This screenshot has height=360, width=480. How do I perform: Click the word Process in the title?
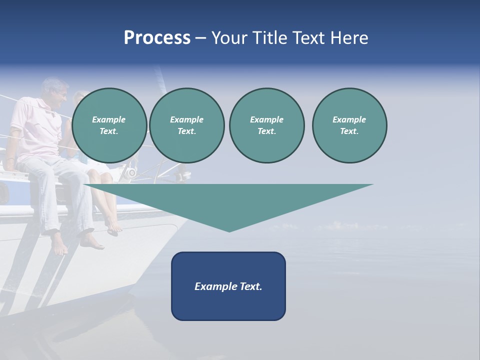coord(157,38)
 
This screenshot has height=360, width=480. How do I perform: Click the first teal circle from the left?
coord(109,125)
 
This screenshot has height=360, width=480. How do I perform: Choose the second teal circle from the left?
coord(187,125)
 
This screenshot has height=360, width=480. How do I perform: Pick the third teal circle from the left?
coord(266,125)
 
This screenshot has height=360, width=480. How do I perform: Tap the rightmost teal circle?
coord(349,125)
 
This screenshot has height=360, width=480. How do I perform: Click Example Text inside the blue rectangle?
coord(228,286)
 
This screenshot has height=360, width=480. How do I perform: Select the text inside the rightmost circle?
coord(349,125)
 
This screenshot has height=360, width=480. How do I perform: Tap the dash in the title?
coord(200,38)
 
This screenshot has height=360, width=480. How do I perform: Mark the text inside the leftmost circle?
coord(109,125)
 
